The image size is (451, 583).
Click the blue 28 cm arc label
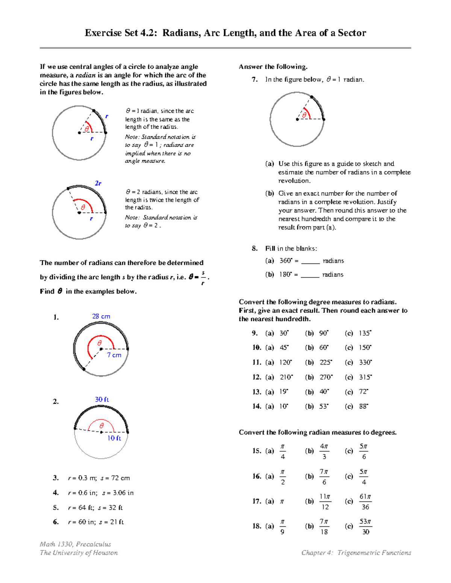[101, 316]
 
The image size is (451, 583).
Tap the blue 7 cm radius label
[114, 355]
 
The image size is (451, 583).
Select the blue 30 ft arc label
[101, 399]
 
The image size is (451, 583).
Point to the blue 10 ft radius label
[114, 438]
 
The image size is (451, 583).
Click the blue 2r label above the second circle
[98, 183]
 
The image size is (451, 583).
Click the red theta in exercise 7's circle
[304, 115]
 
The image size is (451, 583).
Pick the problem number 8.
[255, 249]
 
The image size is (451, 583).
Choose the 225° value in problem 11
[326, 363]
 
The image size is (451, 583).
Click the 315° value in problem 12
[365, 377]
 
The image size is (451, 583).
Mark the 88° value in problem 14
[363, 407]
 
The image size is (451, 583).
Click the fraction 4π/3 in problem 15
[324, 451]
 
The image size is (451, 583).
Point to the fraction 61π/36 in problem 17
[365, 502]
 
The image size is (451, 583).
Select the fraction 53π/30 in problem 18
[365, 526]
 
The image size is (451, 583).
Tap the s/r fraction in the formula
[203, 278]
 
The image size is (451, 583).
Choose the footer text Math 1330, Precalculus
[75, 544]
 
